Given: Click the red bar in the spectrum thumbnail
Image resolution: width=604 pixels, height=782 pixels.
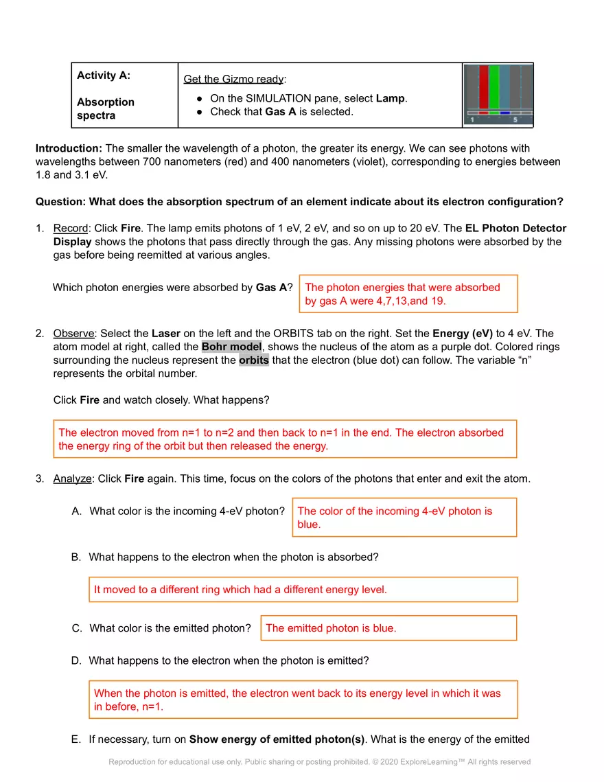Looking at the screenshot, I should (x=483, y=87).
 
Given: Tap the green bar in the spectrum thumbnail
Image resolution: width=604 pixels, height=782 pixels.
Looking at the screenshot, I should (x=493, y=87).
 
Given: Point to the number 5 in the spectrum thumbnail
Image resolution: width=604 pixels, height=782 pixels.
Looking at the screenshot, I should (x=515, y=120).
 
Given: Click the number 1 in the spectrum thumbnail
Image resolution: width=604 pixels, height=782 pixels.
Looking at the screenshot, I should (x=472, y=120).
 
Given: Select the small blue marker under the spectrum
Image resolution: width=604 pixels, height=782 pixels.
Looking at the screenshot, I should (x=504, y=113).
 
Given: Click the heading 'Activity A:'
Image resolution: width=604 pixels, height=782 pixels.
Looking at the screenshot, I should (x=104, y=76).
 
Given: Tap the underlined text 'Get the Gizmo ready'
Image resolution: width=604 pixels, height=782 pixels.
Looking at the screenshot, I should (x=233, y=79).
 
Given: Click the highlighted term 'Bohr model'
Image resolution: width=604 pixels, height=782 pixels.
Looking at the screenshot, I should (x=231, y=347).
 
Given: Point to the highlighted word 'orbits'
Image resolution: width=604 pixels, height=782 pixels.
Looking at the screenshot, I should (x=254, y=360).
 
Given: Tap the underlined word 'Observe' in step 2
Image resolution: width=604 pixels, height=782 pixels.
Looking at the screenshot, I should (x=73, y=334).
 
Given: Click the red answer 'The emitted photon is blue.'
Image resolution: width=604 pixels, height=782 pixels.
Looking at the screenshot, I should (x=331, y=628).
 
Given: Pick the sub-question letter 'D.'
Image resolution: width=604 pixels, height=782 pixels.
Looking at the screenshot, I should (x=76, y=660).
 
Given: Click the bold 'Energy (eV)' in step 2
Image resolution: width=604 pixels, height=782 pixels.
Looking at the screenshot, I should (x=463, y=334).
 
